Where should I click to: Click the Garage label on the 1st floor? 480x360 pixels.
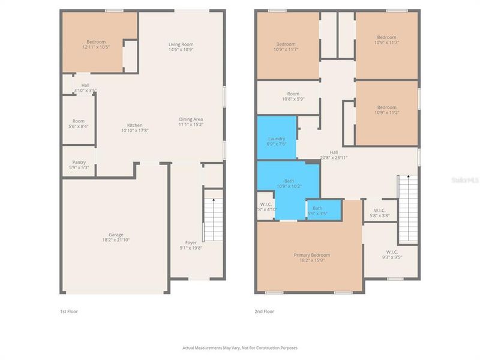pos(116,235)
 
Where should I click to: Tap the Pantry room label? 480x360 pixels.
pos(79,162)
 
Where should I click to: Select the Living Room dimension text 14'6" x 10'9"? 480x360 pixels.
pos(181,50)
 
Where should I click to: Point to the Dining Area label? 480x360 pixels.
pos(191,119)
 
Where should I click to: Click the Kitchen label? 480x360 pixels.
pos(134,125)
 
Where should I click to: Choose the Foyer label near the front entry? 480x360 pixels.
pos(191,242)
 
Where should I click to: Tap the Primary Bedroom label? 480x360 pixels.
pos(311,255)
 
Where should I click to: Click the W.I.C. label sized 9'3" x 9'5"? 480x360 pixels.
pos(391,252)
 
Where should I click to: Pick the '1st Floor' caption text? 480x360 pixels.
pos(68,311)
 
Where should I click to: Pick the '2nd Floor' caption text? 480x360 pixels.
pos(264,311)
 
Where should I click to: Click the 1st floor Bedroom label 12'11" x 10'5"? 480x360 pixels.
pos(96,42)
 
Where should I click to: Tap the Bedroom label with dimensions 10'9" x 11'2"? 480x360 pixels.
pos(386,107)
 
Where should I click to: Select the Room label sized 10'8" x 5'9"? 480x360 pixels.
pos(293,94)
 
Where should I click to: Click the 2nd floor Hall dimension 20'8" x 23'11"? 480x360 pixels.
pos(334,157)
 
